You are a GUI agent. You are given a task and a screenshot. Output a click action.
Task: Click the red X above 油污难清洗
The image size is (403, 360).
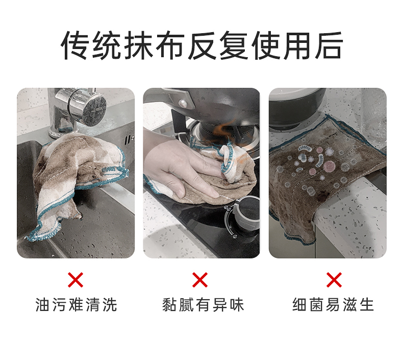point(75,280)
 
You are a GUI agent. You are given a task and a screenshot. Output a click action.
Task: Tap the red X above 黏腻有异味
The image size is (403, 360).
point(200,280)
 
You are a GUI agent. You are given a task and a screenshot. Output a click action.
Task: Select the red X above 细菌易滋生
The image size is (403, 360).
point(334,280)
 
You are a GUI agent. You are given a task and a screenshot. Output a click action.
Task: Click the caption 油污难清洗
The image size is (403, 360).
point(77,305)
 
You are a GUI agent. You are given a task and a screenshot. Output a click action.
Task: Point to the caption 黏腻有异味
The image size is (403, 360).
point(203,305)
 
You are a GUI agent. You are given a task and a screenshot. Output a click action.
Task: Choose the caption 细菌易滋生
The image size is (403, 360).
point(333,305)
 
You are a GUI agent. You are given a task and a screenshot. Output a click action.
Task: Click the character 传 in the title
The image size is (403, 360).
point(75,45)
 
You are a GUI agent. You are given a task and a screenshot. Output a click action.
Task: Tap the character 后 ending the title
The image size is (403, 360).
point(329,45)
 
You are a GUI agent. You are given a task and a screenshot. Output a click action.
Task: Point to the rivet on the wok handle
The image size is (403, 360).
point(183,104)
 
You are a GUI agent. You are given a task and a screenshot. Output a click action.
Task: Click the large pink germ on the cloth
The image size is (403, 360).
point(329,166)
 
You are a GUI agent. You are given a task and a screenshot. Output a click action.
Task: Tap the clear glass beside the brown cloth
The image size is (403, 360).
point(373,116)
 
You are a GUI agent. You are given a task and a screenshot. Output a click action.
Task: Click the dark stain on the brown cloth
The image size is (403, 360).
point(322,197)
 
